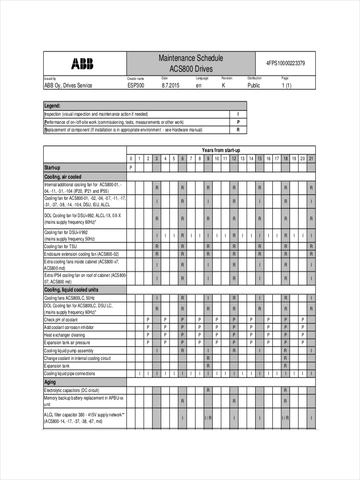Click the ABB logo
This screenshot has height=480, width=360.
point(82,64)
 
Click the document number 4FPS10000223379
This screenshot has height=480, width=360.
point(286,63)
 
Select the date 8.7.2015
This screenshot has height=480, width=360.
point(171,86)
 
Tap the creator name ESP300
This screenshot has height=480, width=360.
point(136,86)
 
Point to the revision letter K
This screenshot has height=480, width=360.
point(223,86)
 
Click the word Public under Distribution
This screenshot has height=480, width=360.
point(254,86)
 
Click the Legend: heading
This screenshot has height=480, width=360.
point(52,106)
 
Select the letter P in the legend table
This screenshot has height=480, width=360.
point(238,122)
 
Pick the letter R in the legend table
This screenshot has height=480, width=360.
point(238,130)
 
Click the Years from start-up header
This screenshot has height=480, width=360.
point(221,150)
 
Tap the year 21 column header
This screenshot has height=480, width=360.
point(311,158)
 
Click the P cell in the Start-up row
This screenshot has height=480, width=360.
point(131,168)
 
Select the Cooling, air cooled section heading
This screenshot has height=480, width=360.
point(63,177)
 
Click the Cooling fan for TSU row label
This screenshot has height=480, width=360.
point(60,246)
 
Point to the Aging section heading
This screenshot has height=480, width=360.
point(50,382)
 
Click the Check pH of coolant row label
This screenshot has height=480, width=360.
point(61,320)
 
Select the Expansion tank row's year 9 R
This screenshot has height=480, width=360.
point(208,366)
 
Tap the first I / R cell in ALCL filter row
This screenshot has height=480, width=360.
point(208,418)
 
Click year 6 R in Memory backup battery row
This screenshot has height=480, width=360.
point(182,401)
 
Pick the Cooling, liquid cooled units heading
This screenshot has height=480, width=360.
point(71,290)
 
